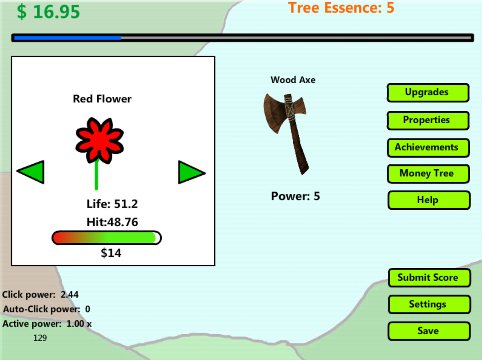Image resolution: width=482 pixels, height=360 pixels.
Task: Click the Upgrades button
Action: [x=428, y=93]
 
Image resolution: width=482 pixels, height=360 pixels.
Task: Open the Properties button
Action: [x=428, y=120]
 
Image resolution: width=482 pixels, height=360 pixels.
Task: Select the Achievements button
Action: [x=428, y=148]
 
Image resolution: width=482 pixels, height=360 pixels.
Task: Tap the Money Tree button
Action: [x=428, y=174]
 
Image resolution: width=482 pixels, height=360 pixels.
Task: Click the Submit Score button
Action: [x=429, y=278]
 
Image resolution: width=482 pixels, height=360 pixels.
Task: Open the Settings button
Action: [x=429, y=304]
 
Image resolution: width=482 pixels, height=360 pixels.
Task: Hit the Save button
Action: [x=429, y=331]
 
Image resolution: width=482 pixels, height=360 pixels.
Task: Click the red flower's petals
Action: [x=99, y=140]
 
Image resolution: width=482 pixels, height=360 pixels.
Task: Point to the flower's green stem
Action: [x=97, y=175]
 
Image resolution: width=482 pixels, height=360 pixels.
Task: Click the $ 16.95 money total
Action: [x=48, y=12]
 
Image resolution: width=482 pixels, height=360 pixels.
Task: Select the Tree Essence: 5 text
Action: [x=341, y=7]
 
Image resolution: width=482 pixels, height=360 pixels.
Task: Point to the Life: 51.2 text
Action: [x=112, y=204]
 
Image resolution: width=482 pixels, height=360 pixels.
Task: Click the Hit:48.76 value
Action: [x=112, y=222]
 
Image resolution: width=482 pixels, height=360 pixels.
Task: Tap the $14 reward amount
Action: [x=111, y=253]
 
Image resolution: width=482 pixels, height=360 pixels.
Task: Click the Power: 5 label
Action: [x=296, y=196]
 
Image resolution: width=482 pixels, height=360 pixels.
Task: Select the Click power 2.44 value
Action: [x=70, y=295]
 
